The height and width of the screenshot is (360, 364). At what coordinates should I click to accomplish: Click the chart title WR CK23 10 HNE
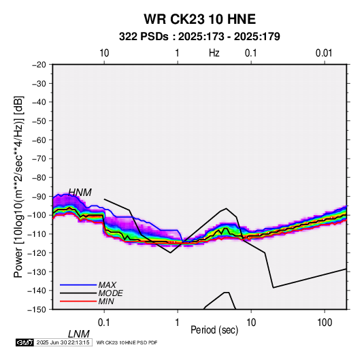click(199, 19)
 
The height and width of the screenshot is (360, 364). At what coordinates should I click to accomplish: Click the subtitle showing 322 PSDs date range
click(199, 37)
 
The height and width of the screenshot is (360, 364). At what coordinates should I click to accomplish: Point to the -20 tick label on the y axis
click(39, 65)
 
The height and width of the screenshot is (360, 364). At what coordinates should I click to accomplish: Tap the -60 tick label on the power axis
click(39, 140)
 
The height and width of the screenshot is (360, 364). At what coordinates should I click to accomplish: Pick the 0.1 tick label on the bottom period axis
click(104, 323)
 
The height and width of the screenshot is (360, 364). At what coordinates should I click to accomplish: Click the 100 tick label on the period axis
click(325, 323)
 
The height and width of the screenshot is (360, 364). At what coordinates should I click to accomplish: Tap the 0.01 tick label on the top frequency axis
click(324, 53)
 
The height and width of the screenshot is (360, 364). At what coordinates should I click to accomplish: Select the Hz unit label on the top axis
click(214, 53)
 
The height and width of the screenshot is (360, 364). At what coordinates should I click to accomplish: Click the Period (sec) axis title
click(214, 330)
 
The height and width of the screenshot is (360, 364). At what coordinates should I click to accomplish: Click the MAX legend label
click(107, 284)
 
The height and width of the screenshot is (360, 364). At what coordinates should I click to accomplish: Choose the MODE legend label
click(110, 293)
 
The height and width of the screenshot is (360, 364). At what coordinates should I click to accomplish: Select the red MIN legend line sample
click(78, 301)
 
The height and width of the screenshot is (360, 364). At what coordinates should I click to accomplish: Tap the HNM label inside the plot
click(80, 193)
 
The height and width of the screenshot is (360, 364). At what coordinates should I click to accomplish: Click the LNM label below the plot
click(78, 334)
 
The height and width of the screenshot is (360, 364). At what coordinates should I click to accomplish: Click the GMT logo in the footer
click(25, 342)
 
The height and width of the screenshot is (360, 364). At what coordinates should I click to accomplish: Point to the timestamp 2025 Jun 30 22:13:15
click(63, 342)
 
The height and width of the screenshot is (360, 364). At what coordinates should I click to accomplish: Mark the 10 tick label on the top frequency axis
click(104, 53)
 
